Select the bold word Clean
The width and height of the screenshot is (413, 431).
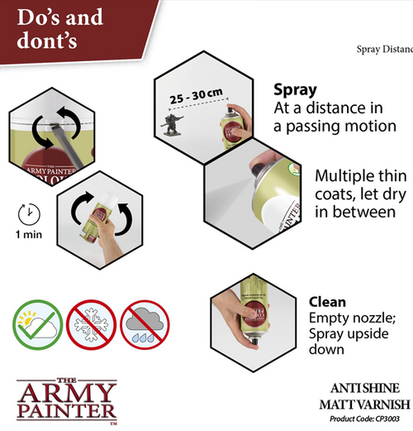pos(327,302)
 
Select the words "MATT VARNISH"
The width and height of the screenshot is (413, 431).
pos(364,404)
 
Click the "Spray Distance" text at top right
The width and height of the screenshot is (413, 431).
pos(384,50)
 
